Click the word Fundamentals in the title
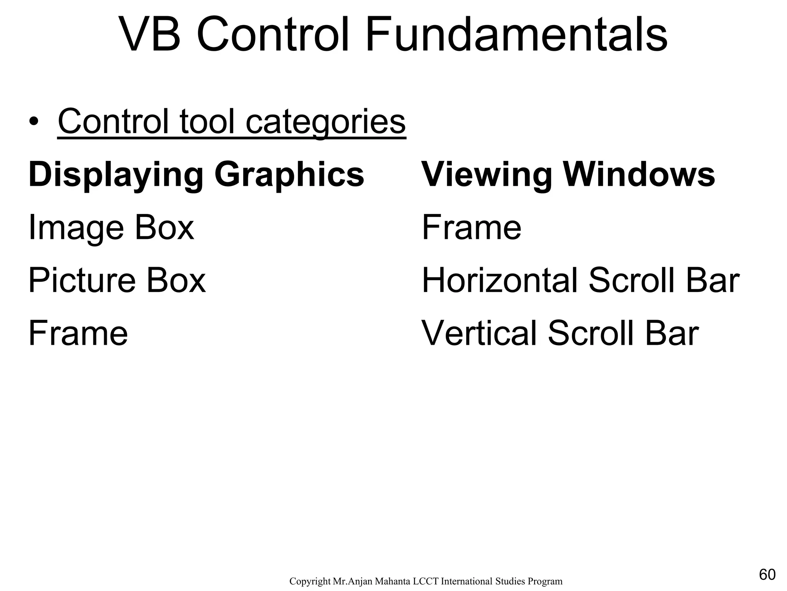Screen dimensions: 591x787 (516, 35)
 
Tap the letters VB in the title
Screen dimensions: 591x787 (150, 35)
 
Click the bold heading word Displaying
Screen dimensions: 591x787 (116, 175)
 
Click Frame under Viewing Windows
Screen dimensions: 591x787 (472, 228)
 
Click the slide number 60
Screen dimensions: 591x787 (767, 575)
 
